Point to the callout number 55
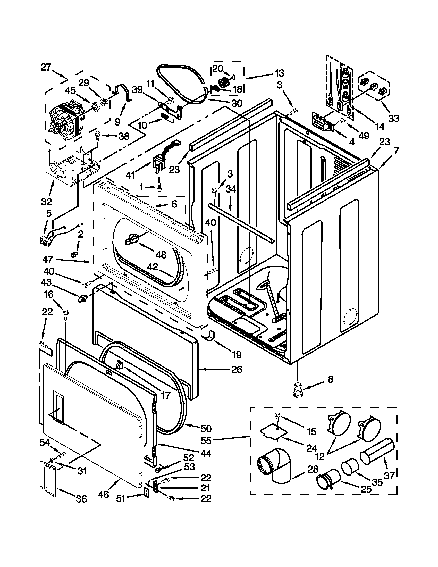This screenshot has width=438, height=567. pos(206,440)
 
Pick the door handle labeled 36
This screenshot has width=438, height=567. pos(48,478)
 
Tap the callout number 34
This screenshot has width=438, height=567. pos(231,189)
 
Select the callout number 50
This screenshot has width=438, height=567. pos(206,429)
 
